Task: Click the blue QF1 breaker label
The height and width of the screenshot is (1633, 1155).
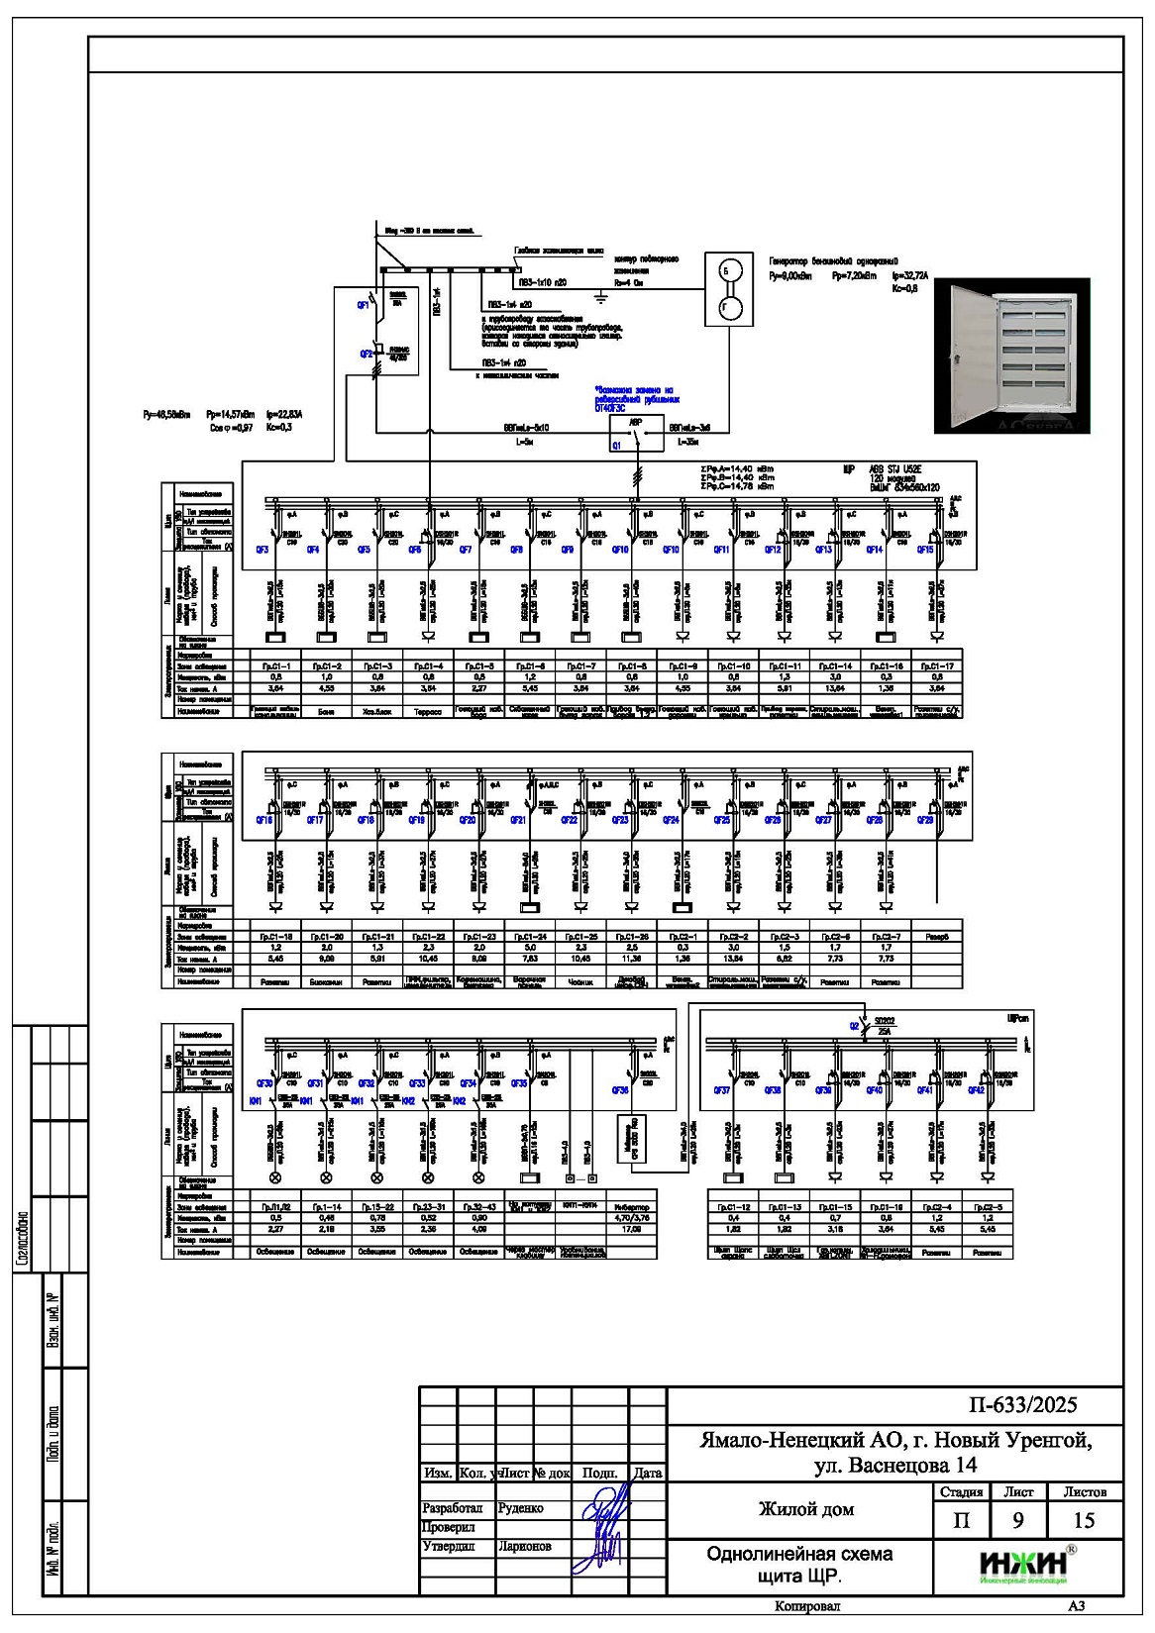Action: tap(364, 306)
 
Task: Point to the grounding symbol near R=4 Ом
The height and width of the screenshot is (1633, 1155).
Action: tap(600, 295)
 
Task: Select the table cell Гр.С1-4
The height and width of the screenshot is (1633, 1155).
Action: tap(428, 666)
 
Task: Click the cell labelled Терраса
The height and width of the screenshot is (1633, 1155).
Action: tap(428, 711)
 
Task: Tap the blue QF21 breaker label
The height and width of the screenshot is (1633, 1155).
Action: tap(517, 820)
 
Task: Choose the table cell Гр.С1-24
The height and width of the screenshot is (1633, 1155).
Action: tap(530, 936)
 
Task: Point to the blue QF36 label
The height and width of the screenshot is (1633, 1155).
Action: tap(620, 1089)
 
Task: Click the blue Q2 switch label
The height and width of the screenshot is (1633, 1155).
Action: tap(853, 1026)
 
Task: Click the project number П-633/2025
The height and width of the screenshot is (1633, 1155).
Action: tap(1023, 1405)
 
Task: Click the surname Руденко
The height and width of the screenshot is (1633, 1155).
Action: tap(520, 1508)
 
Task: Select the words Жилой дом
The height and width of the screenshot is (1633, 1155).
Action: tap(805, 1509)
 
